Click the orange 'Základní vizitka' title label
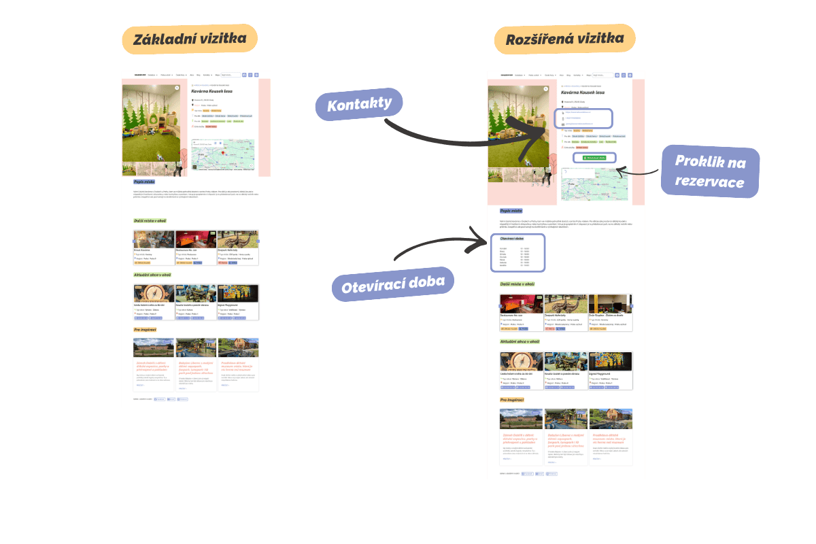pyautogui.click(x=190, y=39)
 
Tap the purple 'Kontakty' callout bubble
pyautogui.click(x=359, y=105)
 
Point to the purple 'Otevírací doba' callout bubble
pyautogui.click(x=393, y=283)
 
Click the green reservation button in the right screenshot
pyautogui.click(x=595, y=158)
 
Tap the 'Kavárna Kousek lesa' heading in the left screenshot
pyautogui.click(x=213, y=90)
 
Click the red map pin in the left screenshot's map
pyautogui.click(x=218, y=144)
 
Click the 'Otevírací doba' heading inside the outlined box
pyautogui.click(x=512, y=239)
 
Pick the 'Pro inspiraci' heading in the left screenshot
pyautogui.click(x=145, y=330)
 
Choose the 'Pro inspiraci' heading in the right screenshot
pyautogui.click(x=511, y=400)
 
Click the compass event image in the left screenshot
pyautogui.click(x=154, y=293)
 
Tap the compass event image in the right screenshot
pyautogui.click(x=521, y=362)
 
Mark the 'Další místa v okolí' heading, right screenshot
pyautogui.click(x=517, y=284)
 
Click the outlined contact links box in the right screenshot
pyautogui.click(x=583, y=118)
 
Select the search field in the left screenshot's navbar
pyautogui.click(x=230, y=75)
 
